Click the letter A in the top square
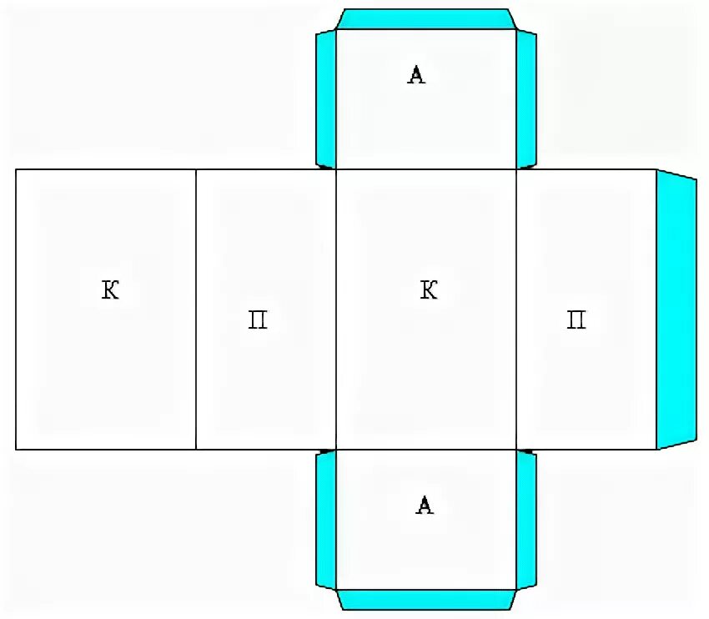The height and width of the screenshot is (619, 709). coord(416,75)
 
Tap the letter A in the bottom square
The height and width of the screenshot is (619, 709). coord(425,505)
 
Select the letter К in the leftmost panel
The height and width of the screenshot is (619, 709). coord(110,290)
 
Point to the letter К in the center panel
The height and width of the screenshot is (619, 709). coord(429,290)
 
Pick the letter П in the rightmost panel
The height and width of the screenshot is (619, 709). coord(576,320)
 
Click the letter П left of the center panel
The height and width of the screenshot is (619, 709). coord(258,320)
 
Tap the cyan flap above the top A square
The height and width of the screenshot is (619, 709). coord(425,19)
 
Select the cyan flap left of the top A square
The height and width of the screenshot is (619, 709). coord(325,98)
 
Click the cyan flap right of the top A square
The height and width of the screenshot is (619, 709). coord(526,98)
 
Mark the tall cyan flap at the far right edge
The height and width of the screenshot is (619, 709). coord(676,309)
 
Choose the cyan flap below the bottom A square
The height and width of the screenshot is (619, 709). coord(425,599)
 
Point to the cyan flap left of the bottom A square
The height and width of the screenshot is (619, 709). coord(325,519)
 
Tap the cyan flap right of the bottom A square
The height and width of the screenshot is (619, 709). coord(526,519)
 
